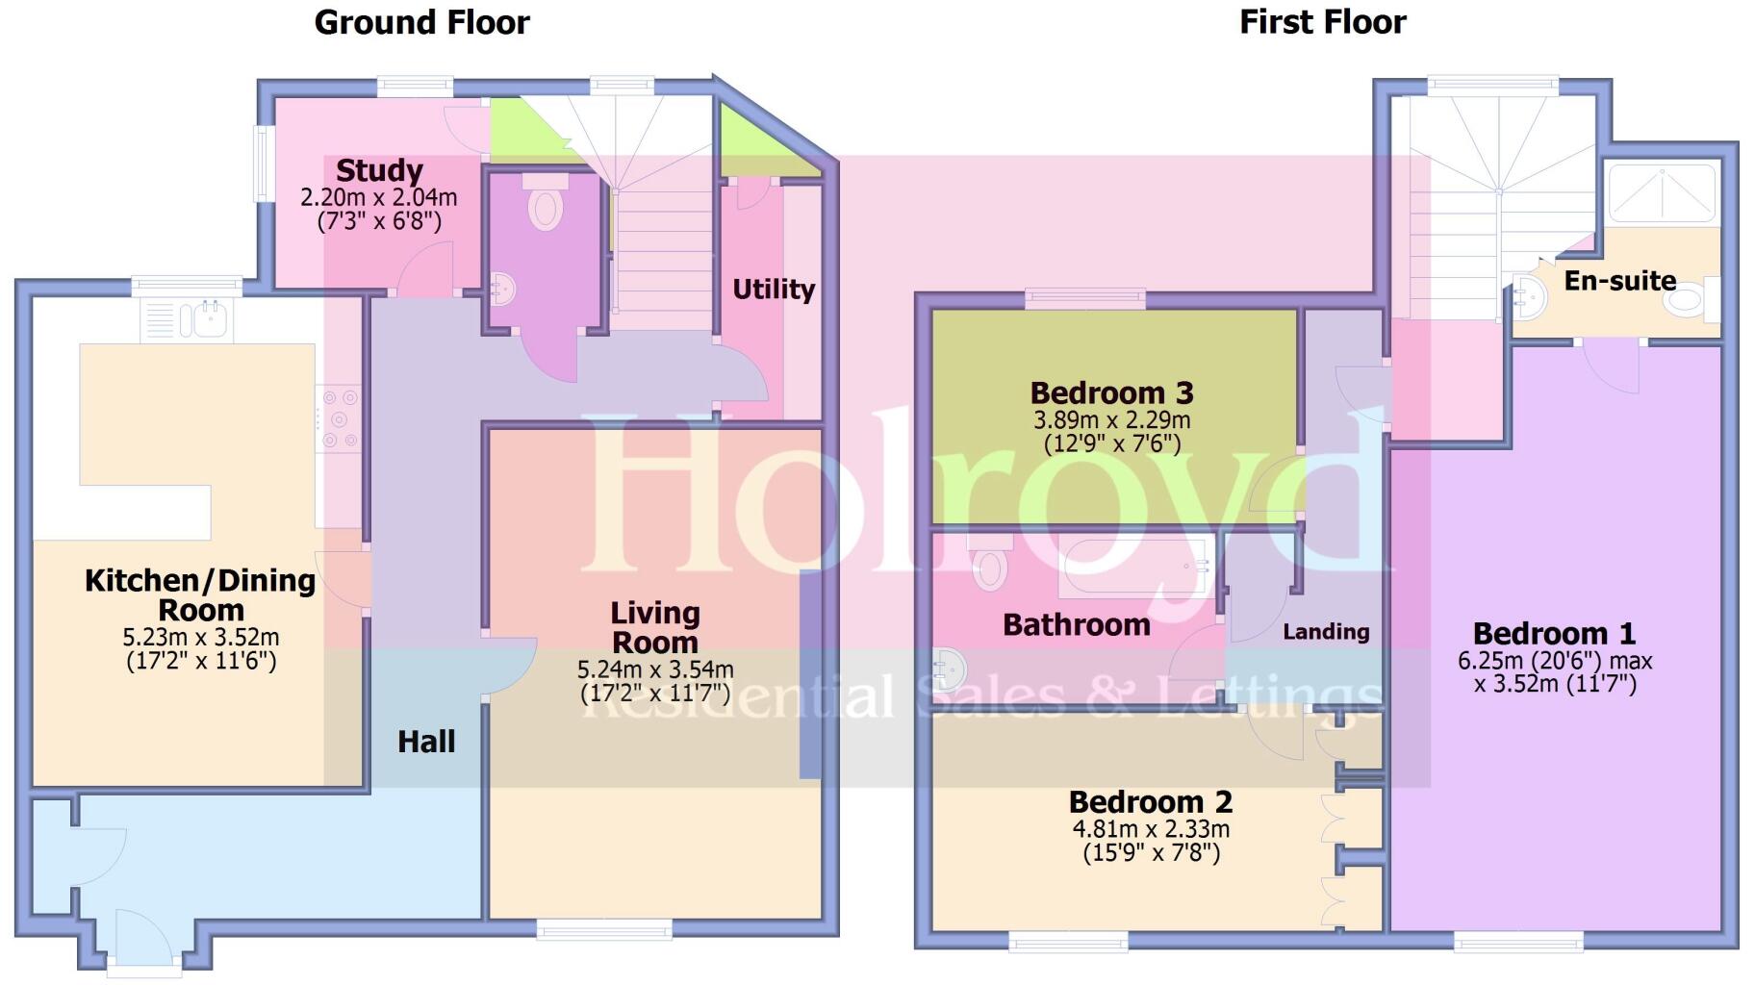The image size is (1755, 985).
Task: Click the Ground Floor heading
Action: click(x=421, y=22)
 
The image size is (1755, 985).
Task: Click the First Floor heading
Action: click(x=1322, y=22)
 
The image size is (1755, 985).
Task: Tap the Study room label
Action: click(x=379, y=170)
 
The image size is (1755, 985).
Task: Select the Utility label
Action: click(x=774, y=289)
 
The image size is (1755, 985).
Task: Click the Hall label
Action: click(x=426, y=741)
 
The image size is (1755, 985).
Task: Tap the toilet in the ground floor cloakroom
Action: click(x=545, y=206)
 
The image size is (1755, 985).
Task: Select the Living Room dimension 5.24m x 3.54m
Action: click(x=655, y=669)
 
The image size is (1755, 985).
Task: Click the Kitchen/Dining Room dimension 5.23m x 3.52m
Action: click(x=201, y=638)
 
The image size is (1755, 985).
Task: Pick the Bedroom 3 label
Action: click(x=1111, y=392)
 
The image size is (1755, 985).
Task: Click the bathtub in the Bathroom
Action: click(x=1135, y=567)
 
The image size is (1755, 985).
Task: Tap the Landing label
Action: click(x=1325, y=632)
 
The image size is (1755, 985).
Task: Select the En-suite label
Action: click(x=1619, y=281)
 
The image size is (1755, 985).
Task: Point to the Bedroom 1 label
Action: click(x=1554, y=633)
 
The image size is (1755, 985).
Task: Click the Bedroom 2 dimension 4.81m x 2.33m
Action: click(x=1151, y=829)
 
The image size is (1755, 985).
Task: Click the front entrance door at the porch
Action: click(x=143, y=938)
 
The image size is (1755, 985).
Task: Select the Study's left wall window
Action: click(x=260, y=164)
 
